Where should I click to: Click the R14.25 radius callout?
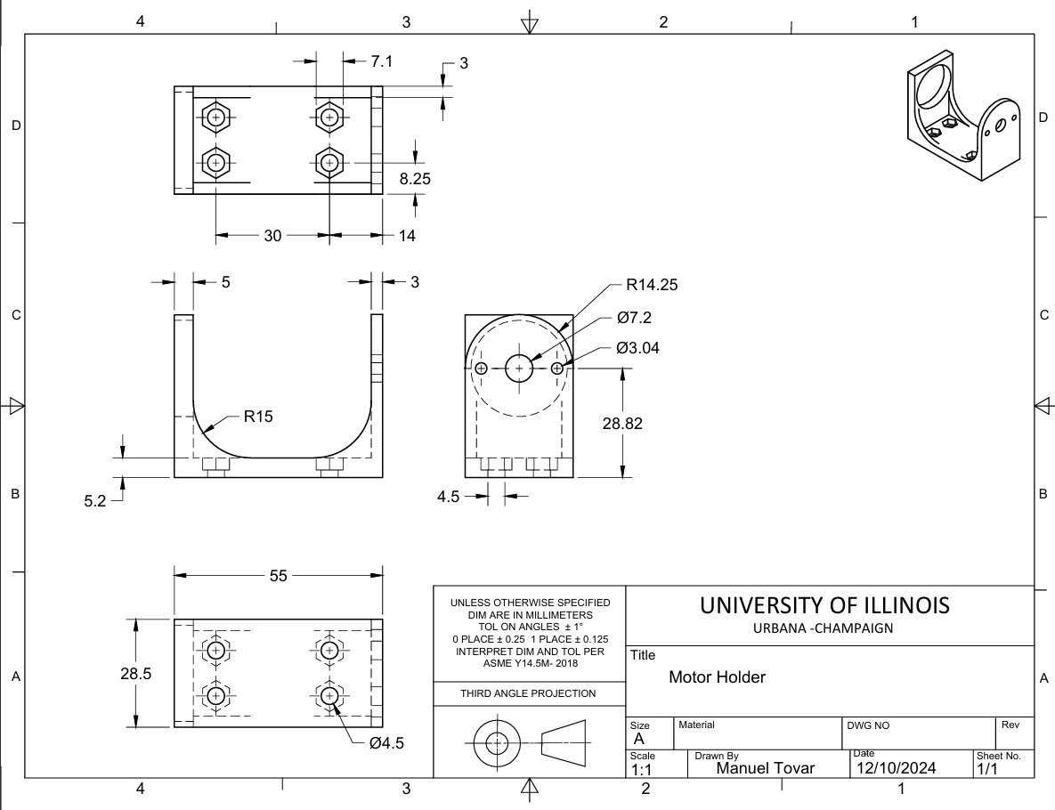[653, 286]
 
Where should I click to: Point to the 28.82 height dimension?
[621, 424]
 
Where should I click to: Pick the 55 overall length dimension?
[279, 576]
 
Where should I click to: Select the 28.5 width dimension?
[134, 674]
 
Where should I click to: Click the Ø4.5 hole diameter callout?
[385, 744]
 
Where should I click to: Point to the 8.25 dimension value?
[415, 179]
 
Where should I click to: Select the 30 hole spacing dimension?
[272, 236]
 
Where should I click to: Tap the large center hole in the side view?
[519, 368]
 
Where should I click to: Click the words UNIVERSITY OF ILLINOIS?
[824, 605]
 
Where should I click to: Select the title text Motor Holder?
[717, 677]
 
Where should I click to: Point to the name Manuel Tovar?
[766, 767]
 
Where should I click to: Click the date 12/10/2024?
[895, 767]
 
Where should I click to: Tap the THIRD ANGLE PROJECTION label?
[529, 693]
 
